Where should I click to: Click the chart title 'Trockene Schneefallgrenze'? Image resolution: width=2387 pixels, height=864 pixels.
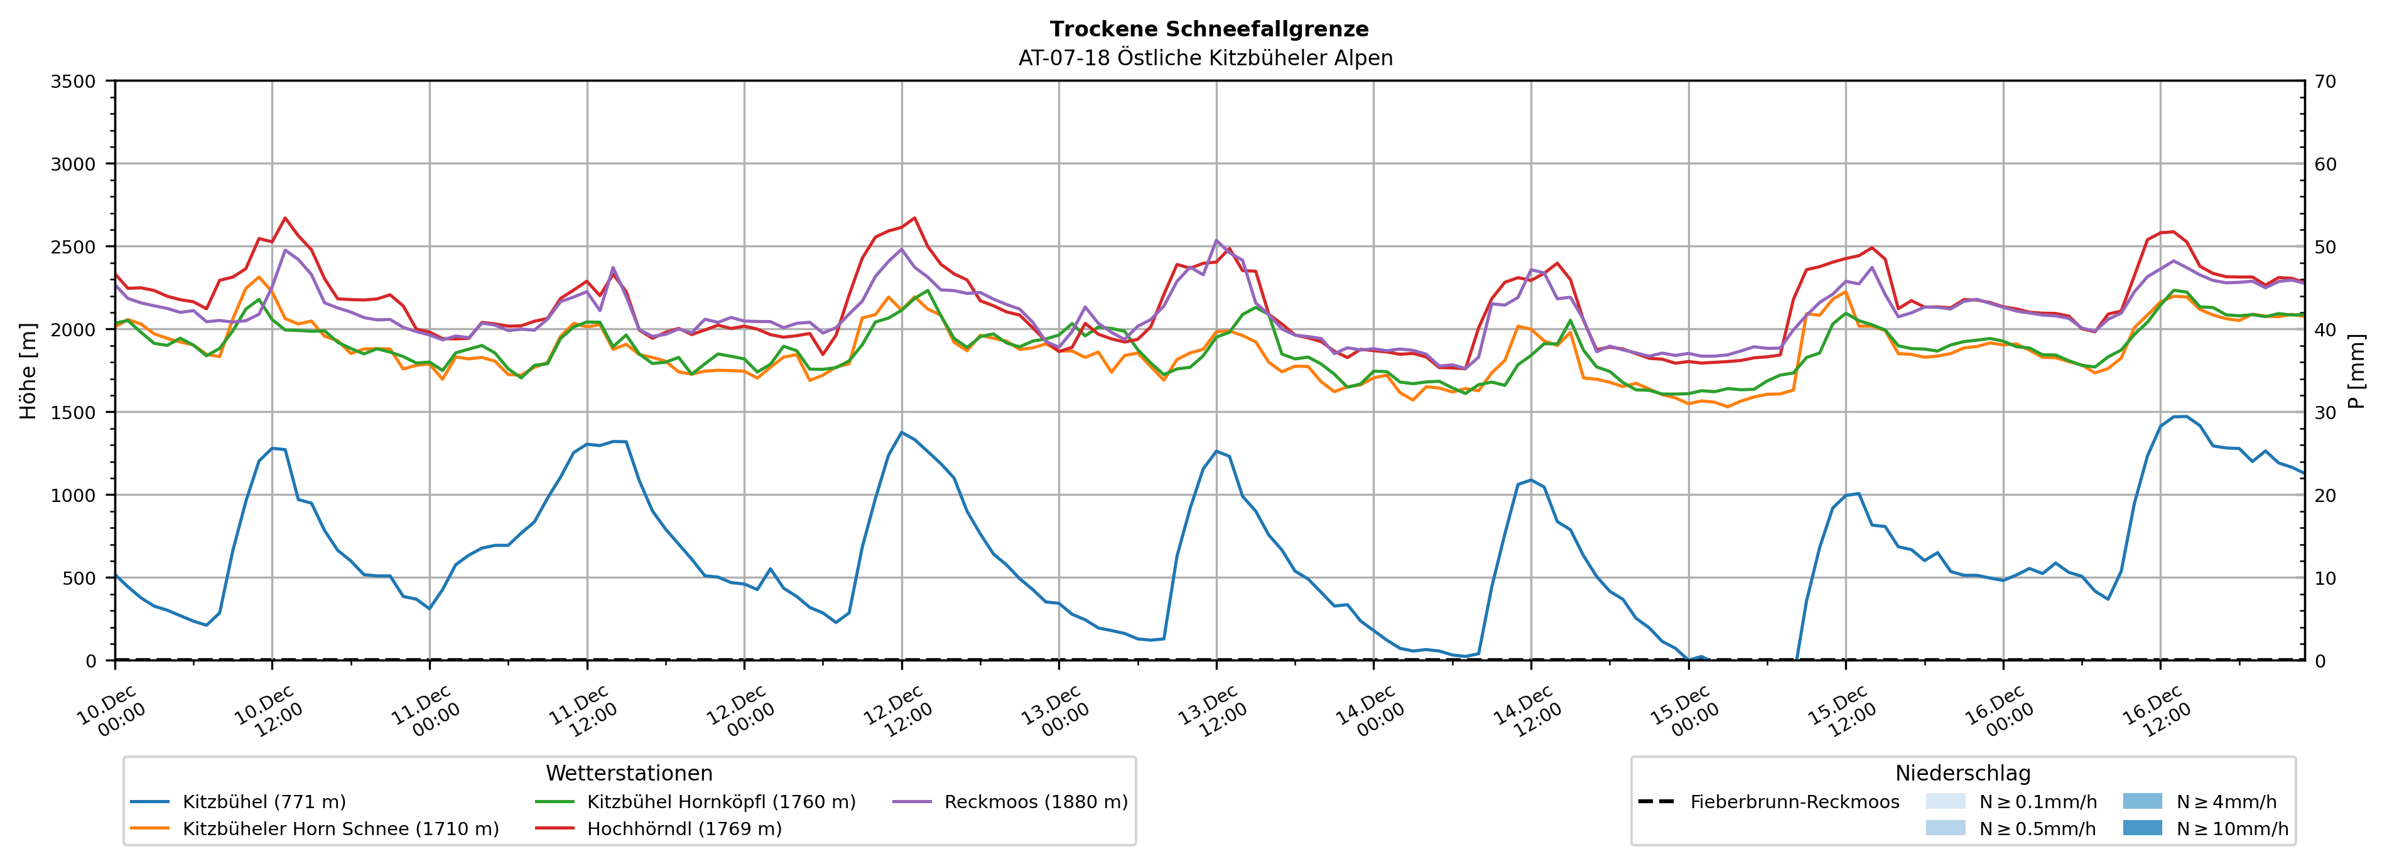click(1208, 29)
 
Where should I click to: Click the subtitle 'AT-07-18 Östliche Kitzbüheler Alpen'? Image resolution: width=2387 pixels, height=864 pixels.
click(1204, 58)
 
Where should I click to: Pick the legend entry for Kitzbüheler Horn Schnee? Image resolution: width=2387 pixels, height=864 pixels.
click(340, 829)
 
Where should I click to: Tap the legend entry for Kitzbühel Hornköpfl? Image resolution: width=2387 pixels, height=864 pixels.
click(721, 802)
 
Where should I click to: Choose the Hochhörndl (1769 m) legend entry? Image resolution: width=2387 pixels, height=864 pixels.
click(684, 829)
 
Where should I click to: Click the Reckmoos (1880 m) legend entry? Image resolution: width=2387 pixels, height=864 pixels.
click(1035, 802)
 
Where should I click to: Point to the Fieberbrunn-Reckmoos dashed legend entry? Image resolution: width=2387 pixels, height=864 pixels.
click(1794, 802)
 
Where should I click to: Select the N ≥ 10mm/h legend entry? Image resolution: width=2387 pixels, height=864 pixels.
click(2231, 829)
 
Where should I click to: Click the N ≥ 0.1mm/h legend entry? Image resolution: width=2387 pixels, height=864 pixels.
click(2037, 802)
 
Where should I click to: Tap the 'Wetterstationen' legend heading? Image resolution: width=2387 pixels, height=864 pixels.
click(629, 773)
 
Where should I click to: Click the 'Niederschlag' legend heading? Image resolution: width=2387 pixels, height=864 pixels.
click(1962, 773)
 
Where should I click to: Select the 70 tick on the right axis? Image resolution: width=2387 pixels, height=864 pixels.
click(2325, 82)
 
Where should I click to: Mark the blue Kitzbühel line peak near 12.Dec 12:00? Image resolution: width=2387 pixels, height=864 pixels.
click(902, 432)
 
